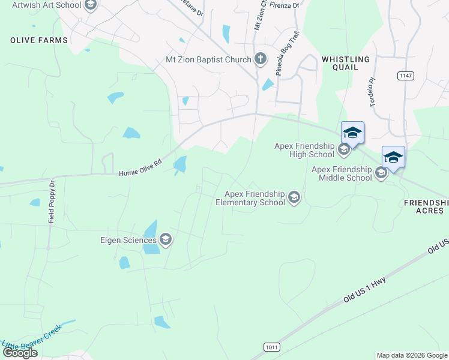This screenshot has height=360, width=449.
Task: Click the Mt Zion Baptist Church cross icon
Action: [x=261, y=59]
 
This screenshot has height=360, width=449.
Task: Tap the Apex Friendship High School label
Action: [x=304, y=150]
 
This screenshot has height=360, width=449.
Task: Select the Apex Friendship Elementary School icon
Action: [x=294, y=197]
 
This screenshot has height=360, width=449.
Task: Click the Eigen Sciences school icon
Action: [x=166, y=241]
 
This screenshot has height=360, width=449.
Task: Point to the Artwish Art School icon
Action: [x=91, y=6]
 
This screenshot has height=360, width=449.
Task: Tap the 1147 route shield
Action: [x=405, y=76]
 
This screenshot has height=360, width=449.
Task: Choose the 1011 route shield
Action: [x=271, y=347]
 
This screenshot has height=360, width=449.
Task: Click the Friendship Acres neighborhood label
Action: [x=426, y=207]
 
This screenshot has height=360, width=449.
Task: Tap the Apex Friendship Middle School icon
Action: [x=381, y=173]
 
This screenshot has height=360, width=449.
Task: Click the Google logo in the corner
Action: [x=20, y=353]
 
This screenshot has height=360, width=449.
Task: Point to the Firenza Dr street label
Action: [x=284, y=5]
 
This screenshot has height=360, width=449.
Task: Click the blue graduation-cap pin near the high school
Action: [x=352, y=133]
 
